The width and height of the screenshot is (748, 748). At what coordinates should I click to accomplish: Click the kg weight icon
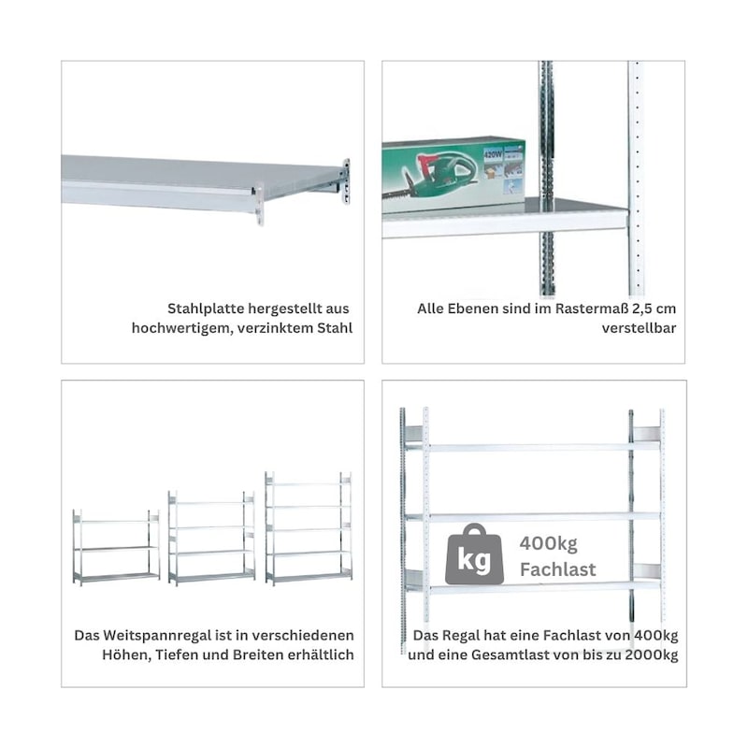[x=474, y=554]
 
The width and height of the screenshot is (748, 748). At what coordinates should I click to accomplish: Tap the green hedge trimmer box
[x=453, y=176]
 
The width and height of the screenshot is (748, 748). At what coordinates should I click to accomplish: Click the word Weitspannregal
[x=158, y=636]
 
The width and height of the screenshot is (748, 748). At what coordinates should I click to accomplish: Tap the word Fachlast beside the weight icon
[x=557, y=569]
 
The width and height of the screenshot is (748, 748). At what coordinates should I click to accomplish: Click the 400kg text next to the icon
[x=549, y=543]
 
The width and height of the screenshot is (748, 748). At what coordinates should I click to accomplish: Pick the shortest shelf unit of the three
[x=116, y=547]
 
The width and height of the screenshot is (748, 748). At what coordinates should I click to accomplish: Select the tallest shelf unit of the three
[x=309, y=528]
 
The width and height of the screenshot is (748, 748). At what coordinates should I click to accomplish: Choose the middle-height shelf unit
[x=211, y=539]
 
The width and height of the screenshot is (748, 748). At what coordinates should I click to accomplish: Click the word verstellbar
[x=639, y=328]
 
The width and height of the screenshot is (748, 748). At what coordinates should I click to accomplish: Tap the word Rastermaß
[x=592, y=309]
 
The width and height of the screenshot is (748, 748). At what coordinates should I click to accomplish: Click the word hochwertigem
[x=181, y=329]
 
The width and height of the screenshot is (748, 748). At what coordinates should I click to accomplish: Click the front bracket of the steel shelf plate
[x=260, y=204]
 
